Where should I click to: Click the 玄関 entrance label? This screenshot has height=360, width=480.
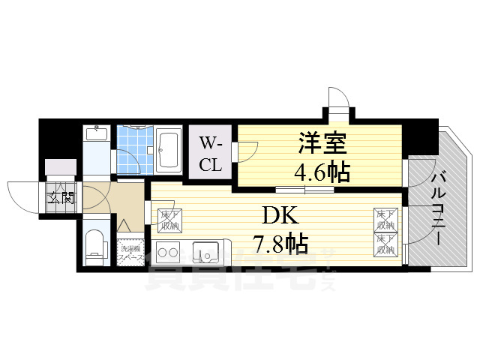tap(61, 198)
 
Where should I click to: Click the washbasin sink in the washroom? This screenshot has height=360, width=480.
tap(96, 134)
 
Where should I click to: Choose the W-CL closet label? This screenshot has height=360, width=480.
tap(209, 154)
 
